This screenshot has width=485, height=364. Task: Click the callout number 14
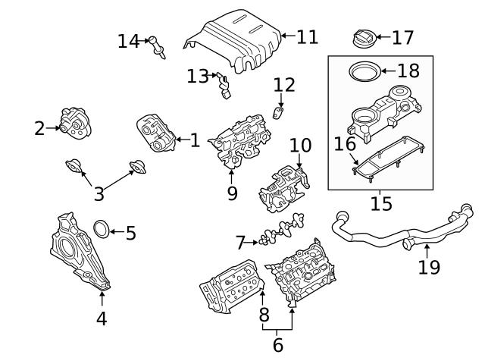point(129,41)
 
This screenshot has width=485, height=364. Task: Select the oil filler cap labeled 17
point(364,37)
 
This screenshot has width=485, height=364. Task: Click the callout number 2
point(40,128)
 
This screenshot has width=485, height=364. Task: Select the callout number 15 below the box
point(381,203)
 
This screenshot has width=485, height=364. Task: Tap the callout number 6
point(277,345)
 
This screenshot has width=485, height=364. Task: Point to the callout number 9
point(232,193)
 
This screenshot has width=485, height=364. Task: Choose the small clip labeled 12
point(279,114)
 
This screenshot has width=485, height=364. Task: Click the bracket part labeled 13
point(223,86)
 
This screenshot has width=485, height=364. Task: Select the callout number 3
point(99,194)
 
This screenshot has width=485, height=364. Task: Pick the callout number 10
point(300,145)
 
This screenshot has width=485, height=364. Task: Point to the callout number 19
point(429,267)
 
